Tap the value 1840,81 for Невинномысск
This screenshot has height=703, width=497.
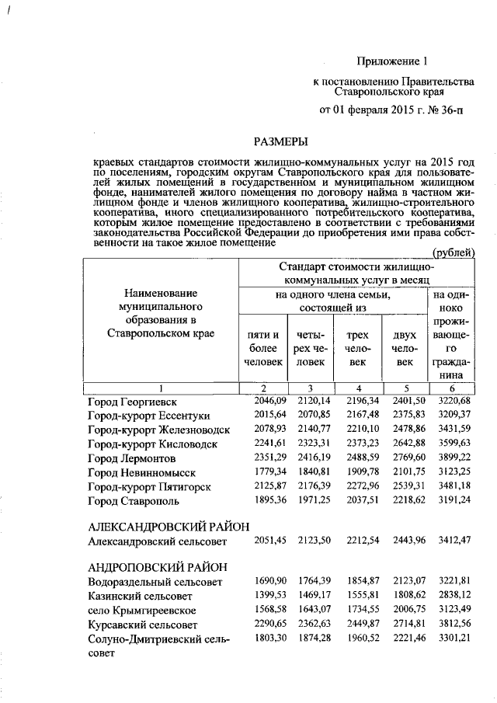(x=311, y=471)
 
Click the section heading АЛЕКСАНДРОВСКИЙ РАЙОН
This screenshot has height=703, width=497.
(x=169, y=527)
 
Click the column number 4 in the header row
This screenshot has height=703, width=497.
(x=357, y=388)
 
